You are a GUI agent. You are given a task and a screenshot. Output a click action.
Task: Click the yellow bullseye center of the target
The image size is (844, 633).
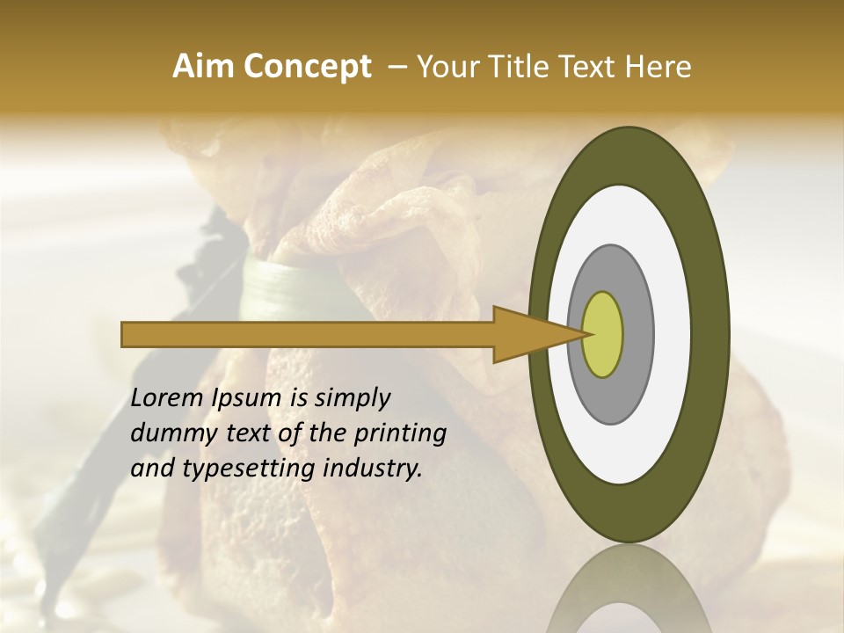coord(603,334)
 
